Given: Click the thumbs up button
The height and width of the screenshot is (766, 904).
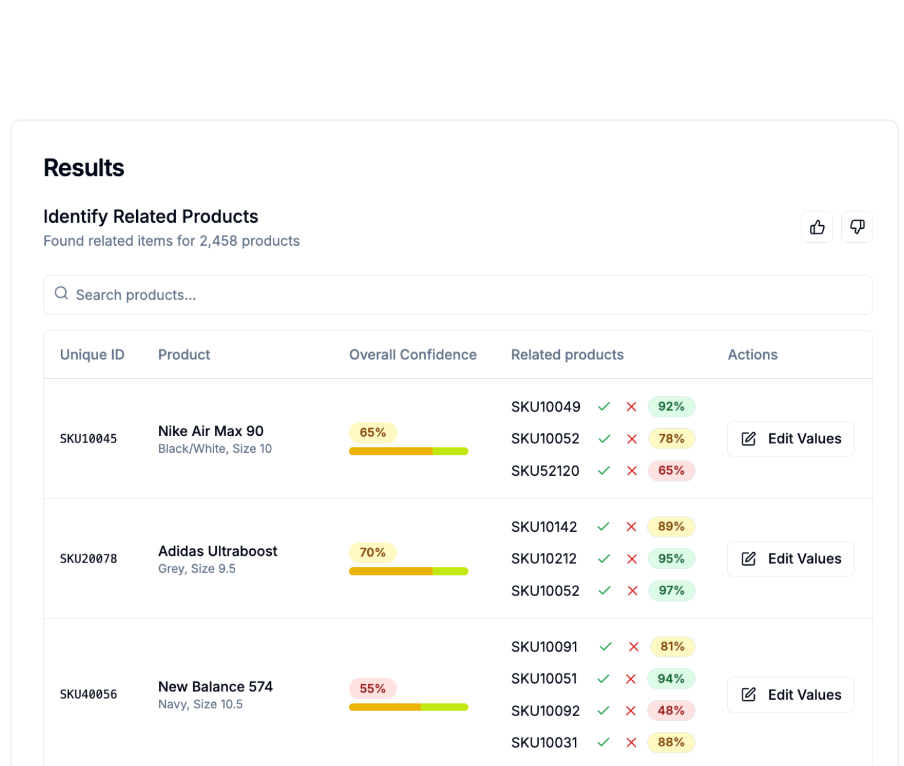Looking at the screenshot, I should [x=817, y=227].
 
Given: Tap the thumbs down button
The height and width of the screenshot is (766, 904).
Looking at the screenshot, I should [x=857, y=227].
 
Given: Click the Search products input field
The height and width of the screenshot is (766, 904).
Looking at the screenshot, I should [x=458, y=295].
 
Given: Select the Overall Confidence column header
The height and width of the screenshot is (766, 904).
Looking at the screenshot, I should [x=413, y=355].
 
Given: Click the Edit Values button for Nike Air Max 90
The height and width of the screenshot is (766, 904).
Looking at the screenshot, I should [x=791, y=439].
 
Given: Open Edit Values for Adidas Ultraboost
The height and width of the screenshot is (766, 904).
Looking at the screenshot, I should [x=791, y=559].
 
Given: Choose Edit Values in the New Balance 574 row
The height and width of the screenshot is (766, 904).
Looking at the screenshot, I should [x=791, y=695].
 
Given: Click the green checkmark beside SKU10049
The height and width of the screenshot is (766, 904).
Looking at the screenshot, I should [x=604, y=407].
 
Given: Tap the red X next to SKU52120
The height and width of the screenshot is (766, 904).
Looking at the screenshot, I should [x=632, y=471].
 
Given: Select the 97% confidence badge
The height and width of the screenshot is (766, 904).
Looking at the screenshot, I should [x=671, y=591].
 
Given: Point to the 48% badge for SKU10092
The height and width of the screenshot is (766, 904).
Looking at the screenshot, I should [x=671, y=711].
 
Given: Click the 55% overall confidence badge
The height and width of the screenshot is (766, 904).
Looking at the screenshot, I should [x=372, y=688].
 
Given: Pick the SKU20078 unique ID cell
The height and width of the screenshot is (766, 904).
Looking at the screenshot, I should [x=89, y=559].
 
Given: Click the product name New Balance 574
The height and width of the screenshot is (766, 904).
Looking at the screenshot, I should [x=215, y=687].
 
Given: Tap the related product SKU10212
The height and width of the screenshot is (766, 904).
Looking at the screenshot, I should [x=544, y=559].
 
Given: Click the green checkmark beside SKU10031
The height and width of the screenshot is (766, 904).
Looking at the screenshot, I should [x=603, y=743].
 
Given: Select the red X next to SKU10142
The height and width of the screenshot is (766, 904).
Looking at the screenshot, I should [x=632, y=527].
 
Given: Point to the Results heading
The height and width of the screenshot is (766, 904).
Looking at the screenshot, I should [x=84, y=168].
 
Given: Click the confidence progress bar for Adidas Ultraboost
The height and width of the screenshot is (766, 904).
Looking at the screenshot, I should [x=409, y=571].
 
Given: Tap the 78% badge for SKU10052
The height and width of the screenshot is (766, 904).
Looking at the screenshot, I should [x=671, y=439].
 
